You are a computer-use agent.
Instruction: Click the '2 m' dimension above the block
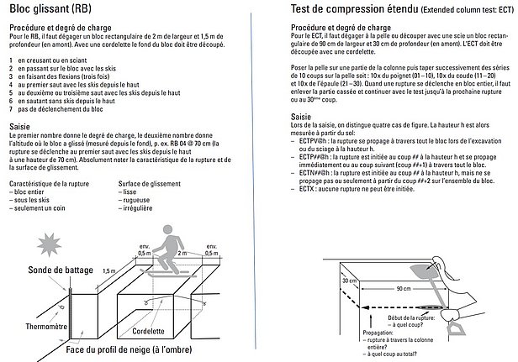(x=182, y=253)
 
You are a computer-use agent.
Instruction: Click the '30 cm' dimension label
(x=327, y=281)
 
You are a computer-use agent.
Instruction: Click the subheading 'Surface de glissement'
(x=155, y=183)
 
